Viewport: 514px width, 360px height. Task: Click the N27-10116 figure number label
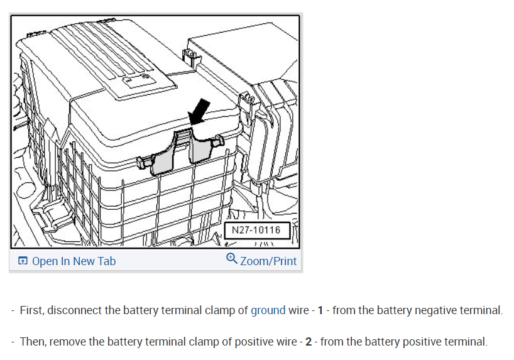[x=256, y=230]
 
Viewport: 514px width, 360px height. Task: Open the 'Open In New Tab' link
[x=74, y=261]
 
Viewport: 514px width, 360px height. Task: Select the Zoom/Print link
[x=268, y=261]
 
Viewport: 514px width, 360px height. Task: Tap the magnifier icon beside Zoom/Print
[x=231, y=259]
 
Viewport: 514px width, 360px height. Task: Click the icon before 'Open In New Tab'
[x=23, y=261]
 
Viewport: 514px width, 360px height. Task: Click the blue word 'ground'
[x=268, y=310]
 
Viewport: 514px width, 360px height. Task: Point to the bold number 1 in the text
[x=320, y=310]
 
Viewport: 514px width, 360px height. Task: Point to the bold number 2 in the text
[x=308, y=342]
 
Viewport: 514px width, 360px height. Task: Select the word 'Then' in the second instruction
[x=33, y=342]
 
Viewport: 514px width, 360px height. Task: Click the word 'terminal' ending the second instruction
[x=466, y=342]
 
